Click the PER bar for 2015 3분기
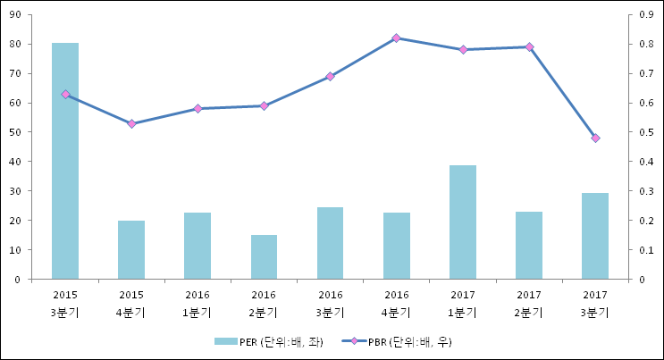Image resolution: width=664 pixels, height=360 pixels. point(65,161)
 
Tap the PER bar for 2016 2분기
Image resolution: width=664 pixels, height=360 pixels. point(264,257)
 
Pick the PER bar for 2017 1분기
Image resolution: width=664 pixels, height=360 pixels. point(463,222)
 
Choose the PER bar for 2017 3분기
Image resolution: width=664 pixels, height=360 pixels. point(595,236)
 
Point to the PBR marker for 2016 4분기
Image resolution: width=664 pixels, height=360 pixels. point(396,38)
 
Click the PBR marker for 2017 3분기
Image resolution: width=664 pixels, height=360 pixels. point(595,138)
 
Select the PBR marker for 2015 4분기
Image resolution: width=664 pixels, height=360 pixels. point(131,123)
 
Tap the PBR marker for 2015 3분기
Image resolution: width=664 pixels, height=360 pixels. point(65,94)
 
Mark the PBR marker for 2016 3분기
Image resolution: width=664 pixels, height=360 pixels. point(330,76)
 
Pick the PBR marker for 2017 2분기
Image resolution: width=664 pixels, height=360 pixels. point(529,46)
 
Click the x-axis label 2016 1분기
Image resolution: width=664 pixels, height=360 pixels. point(198,303)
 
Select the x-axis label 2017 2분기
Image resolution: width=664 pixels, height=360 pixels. point(529,303)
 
